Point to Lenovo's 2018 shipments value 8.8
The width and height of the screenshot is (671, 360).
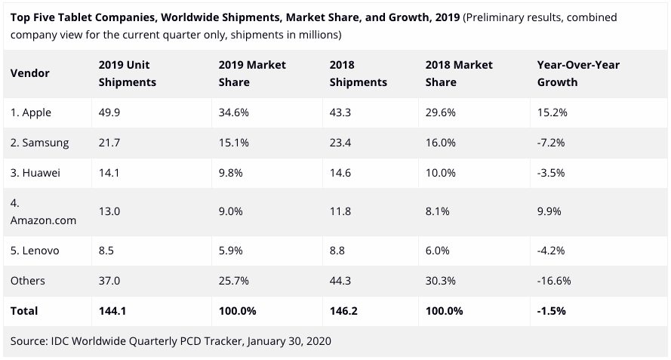point(338,251)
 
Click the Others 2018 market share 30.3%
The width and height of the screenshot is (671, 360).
point(442,281)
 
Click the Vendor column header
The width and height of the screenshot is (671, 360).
point(30,73)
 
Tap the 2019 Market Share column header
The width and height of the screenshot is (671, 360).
point(247,73)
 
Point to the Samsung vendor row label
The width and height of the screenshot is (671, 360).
point(40,143)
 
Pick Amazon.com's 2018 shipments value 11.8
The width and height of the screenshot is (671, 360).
point(341,211)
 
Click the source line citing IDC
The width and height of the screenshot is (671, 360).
point(171,341)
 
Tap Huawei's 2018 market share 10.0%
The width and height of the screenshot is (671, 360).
point(441,173)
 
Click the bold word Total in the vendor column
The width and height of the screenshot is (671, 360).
point(24,310)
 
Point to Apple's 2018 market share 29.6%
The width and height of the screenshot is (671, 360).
point(441,112)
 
